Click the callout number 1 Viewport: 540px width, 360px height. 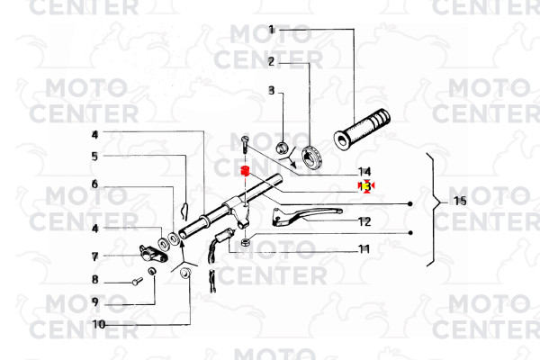tap(271, 31)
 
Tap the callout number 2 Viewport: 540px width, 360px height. tap(271, 61)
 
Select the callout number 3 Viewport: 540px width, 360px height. tap(271, 91)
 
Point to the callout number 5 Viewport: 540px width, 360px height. tap(94, 156)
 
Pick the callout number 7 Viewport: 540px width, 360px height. tap(94, 256)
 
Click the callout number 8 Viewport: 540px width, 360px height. tap(94, 280)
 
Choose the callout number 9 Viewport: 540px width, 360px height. tap(94, 301)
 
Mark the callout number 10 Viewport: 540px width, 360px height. tap(98, 324)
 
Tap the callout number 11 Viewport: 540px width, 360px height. tap(364, 248)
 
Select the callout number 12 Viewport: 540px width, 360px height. tap(364, 221)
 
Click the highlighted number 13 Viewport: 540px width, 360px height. tap(364, 185)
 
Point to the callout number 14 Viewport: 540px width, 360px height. tap(364, 171)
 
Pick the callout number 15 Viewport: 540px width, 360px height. tap(459, 201)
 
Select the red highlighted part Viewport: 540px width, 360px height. tap(243, 172)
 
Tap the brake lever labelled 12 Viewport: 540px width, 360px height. tap(306, 212)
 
